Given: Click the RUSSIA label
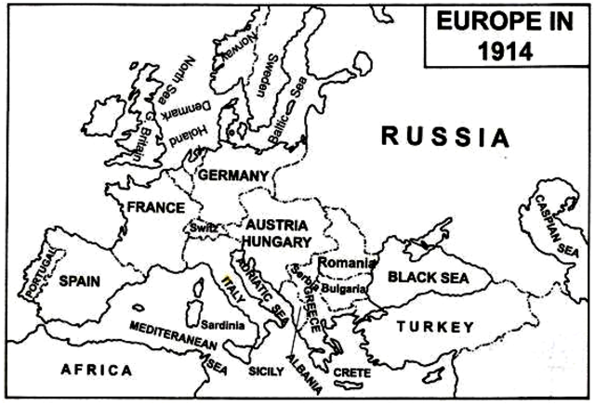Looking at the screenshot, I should pyautogui.click(x=445, y=138).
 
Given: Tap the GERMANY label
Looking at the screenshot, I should pyautogui.click(x=233, y=176).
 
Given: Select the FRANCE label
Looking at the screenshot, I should pyautogui.click(x=155, y=206).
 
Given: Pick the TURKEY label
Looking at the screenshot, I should pyautogui.click(x=434, y=326).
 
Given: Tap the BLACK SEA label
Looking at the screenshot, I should pyautogui.click(x=429, y=277).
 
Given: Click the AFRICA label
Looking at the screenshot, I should pyautogui.click(x=97, y=370).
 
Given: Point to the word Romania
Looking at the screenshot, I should pyautogui.click(x=345, y=263).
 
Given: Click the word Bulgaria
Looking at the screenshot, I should pyautogui.click(x=345, y=287).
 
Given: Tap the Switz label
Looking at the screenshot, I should pyautogui.click(x=204, y=227).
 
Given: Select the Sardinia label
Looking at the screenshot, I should pyautogui.click(x=222, y=325).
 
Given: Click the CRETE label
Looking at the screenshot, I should pyautogui.click(x=351, y=372).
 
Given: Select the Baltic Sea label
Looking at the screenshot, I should pyautogui.click(x=289, y=119).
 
